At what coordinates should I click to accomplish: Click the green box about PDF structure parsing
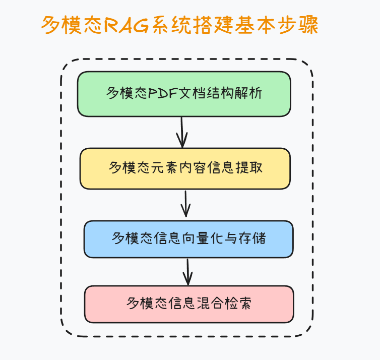[x=184, y=94]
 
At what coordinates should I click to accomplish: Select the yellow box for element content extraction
[x=185, y=168]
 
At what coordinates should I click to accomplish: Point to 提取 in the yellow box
[x=249, y=168]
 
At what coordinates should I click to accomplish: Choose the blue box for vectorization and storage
[x=188, y=238]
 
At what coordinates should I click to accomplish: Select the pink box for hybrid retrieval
[x=189, y=304]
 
